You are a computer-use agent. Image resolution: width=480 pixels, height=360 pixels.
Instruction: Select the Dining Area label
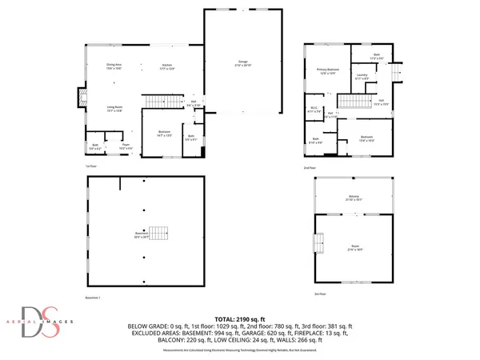[x=114, y=66]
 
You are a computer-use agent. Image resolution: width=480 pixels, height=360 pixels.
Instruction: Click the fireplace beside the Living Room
[x=80, y=98]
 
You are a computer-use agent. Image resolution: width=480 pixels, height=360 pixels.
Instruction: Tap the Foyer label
[x=125, y=146]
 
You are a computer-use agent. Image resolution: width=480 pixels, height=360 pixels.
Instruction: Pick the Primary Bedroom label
[x=328, y=70]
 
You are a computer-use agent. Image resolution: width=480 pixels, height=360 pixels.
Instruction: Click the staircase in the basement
[x=162, y=234]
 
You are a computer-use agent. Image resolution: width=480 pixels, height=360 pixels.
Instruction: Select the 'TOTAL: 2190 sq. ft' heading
[x=238, y=318]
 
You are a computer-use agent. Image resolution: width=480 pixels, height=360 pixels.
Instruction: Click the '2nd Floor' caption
[x=310, y=168]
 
